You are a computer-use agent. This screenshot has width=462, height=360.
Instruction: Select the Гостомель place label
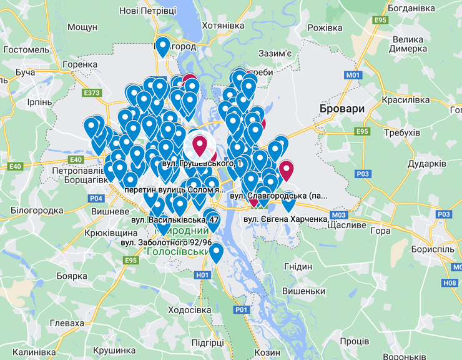pyautogui.click(x=26, y=49)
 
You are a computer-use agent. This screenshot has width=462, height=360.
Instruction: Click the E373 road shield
pyautogui.click(x=91, y=93)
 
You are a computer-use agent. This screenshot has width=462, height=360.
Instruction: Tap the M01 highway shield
pyautogui.click(x=353, y=75)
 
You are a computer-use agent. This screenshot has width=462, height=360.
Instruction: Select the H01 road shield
pyautogui.click(x=202, y=274)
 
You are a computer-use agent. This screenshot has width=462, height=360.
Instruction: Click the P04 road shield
pyautogui.click(x=96, y=198)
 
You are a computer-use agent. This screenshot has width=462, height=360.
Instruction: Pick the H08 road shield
pyautogui.click(x=450, y=282)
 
